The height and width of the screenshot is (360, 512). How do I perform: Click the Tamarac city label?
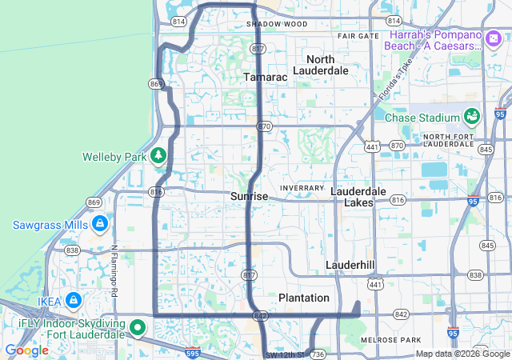click(265, 76)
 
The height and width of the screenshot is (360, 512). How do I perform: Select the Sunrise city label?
click(249, 196)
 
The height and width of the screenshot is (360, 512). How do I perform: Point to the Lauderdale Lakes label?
click(358, 197)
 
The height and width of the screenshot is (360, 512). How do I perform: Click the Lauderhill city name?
click(350, 264)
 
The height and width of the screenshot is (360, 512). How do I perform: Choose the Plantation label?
click(303, 298)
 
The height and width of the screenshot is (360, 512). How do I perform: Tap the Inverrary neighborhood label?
click(302, 187)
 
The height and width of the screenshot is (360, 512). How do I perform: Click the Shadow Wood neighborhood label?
click(277, 24)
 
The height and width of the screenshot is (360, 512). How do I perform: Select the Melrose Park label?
click(390, 340)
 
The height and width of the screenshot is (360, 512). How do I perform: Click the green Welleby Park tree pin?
click(158, 154)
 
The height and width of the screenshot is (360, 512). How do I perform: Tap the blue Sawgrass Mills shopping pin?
click(99, 223)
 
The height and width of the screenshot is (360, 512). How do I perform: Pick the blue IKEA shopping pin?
click(73, 300)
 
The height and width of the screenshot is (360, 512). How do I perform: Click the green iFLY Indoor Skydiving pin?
click(138, 326)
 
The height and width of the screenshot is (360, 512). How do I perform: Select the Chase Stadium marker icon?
click(471, 117)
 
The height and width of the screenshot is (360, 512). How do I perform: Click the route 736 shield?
click(318, 353)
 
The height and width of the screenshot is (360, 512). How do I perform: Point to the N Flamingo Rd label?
click(114, 270)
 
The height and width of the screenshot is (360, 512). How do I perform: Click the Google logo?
click(26, 350)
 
